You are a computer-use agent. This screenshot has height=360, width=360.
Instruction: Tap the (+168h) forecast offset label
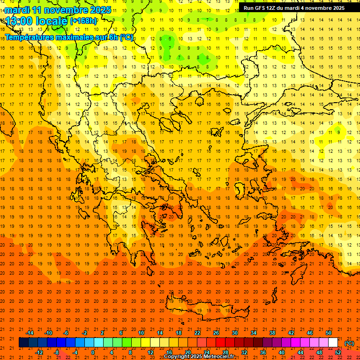(x=83, y=21)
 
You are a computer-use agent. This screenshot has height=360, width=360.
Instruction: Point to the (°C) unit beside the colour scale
(x=349, y=343)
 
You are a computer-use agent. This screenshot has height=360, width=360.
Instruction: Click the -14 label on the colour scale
(x=29, y=333)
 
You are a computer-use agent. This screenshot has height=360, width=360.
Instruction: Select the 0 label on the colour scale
(x=93, y=352)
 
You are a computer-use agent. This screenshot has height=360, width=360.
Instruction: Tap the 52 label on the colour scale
(x=338, y=352)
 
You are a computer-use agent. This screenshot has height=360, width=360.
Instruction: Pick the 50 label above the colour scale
(x=329, y=333)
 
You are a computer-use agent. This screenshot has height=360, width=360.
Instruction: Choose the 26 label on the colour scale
(x=216, y=333)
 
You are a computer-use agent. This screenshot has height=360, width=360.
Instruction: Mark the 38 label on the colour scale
(x=272, y=333)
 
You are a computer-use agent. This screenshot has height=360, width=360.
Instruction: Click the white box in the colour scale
(x=333, y=343)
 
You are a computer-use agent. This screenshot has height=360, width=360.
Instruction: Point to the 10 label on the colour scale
(x=141, y=333)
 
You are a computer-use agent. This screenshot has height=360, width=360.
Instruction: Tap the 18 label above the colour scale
(x=179, y=333)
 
